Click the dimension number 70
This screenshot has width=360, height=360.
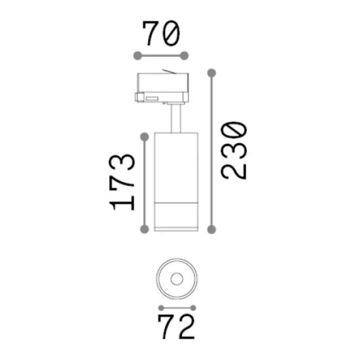point(161,34)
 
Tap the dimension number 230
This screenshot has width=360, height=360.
point(234,151)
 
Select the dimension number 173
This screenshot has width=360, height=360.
point(122,182)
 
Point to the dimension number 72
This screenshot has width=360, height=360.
point(176,327)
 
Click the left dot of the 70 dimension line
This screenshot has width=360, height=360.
point(137,56)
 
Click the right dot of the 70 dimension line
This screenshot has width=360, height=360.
point(184,56)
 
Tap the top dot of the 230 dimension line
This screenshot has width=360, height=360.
point(211,73)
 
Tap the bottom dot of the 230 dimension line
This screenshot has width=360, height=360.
point(211,229)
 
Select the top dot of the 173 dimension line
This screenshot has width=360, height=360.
point(145,137)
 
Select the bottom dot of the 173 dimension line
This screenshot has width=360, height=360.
point(145,229)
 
